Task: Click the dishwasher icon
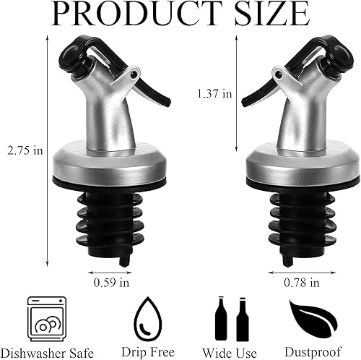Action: coord(44,315)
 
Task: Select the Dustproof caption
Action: coord(313,352)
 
